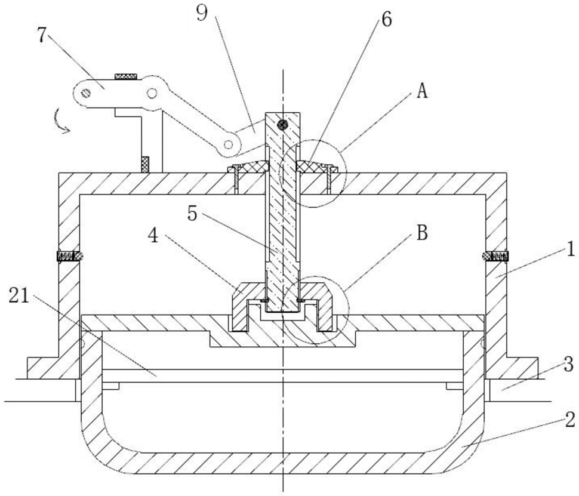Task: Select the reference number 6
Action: pos(387,19)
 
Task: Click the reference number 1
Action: pos(569,248)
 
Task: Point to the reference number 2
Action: pos(569,421)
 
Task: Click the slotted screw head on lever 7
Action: pos(87,92)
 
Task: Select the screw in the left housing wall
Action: pos(69,256)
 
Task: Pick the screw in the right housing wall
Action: pos(495,256)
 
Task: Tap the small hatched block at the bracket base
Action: pos(144,163)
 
